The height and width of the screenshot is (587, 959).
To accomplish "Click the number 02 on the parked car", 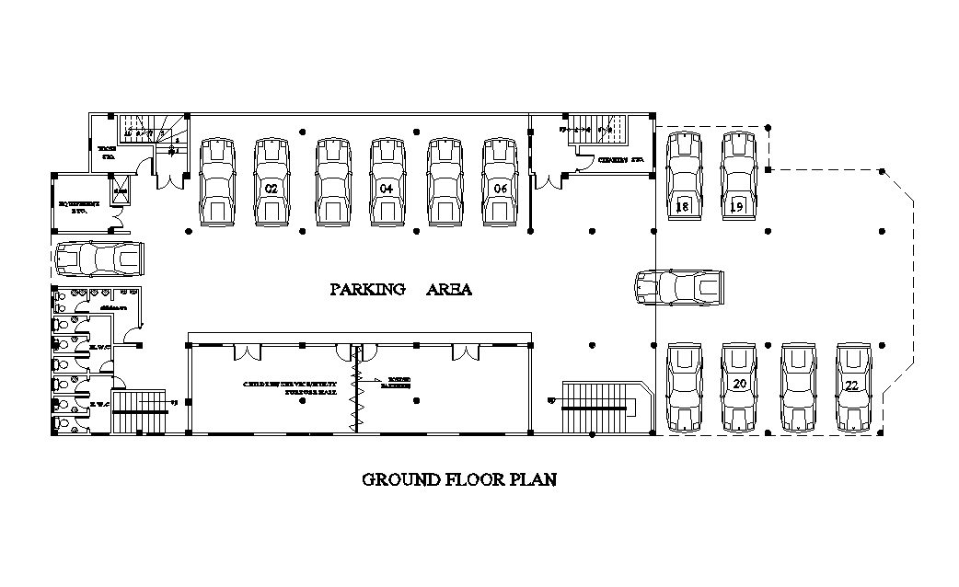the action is [271, 189].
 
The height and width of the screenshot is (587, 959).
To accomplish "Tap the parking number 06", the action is [501, 189].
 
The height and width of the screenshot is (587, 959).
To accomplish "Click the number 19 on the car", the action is [737, 207].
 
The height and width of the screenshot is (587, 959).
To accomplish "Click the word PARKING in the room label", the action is [368, 290].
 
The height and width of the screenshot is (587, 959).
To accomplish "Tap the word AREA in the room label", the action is [449, 290].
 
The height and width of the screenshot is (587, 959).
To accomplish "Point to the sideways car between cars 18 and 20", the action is [679, 287].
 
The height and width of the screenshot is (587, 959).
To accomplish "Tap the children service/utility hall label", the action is [291, 386].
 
